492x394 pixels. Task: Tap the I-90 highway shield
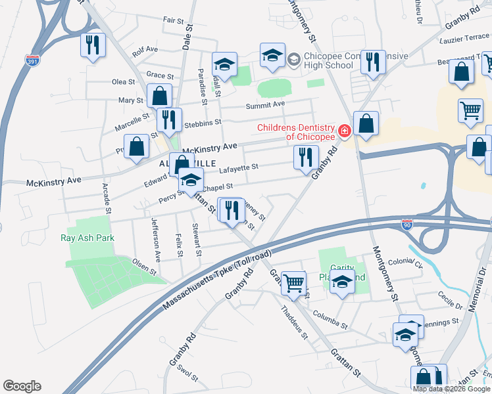[408, 224]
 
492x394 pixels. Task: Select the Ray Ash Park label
[87, 238]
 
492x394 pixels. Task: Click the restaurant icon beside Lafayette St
[306, 157]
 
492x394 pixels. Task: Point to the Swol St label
[187, 372]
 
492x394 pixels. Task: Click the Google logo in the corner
[22, 386]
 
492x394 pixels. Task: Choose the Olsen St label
[145, 266]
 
